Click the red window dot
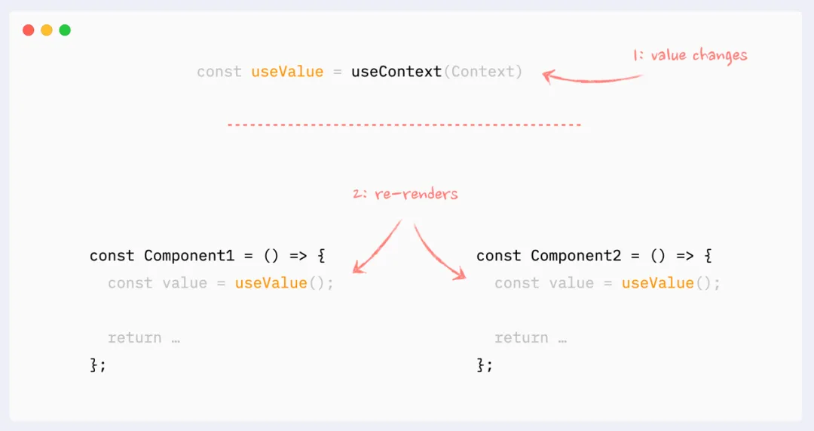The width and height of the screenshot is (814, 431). pos(29,30)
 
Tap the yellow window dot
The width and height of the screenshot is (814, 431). pos(47,30)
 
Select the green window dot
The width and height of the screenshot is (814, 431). pos(65,30)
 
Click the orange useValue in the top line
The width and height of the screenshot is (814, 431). pos(287,72)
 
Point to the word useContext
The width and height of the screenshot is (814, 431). pos(396,72)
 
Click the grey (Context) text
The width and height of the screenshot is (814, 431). pos(482,72)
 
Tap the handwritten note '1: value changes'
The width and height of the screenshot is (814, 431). pos(690,55)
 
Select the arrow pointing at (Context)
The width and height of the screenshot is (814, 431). pos(592,77)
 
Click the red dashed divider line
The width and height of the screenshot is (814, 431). pos(404,124)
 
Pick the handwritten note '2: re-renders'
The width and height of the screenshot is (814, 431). pos(405,194)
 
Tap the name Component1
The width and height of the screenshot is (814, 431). pos(189,255)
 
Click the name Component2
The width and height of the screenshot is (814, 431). pos(576,255)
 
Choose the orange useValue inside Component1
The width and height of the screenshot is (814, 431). pos(271,283)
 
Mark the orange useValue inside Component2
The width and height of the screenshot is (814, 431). pos(657,283)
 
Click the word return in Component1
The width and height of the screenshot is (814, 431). pos(135,337)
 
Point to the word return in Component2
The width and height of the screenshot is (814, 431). pos(522,337)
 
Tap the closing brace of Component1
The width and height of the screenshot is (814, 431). pos(94,365)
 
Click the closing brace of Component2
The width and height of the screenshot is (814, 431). pos(481,365)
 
